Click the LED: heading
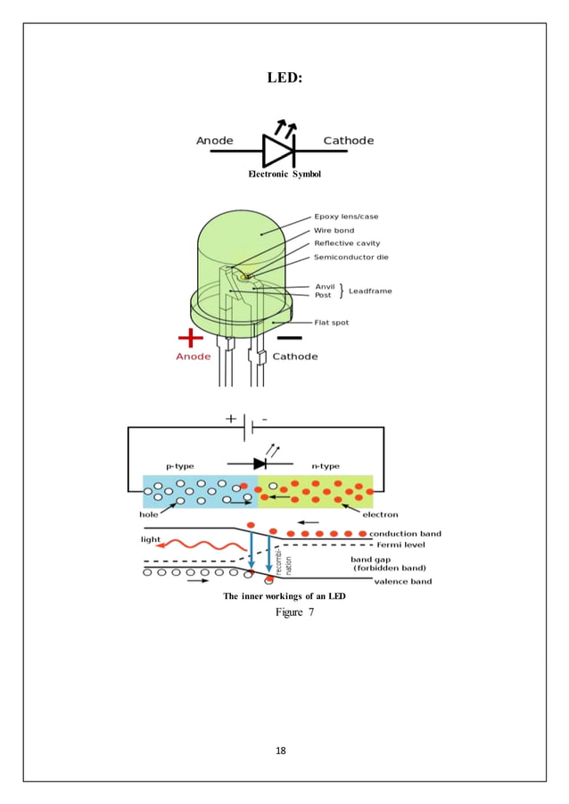point(284,78)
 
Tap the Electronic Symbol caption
point(284,174)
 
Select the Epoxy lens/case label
point(346,217)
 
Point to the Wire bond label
point(334,230)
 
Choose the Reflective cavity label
point(347,243)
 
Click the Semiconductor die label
point(350,258)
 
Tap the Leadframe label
point(369,291)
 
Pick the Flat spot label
point(332,323)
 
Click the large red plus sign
point(190,338)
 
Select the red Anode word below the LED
point(194,357)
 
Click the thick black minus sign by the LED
point(289,338)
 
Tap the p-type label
point(180,466)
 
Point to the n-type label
point(326,466)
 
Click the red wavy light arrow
point(198,544)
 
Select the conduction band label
point(405,534)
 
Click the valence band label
point(403,581)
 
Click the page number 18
point(281,751)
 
